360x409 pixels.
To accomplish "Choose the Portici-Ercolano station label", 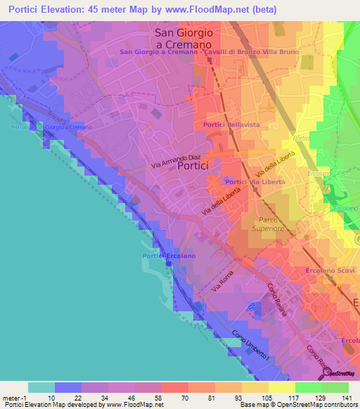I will click(x=167, y=256).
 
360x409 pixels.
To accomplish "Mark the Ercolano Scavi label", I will click(x=330, y=271).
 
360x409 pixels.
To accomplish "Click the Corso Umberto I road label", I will click(x=252, y=342).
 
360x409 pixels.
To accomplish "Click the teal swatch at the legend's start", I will click(x=41, y=387).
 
